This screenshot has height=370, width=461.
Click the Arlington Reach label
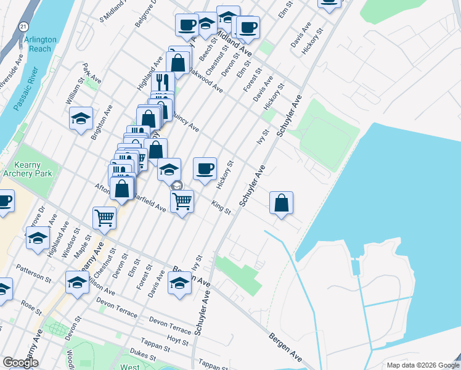coord(41,44)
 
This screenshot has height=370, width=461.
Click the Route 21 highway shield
coord(23,27)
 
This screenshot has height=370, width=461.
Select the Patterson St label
coord(34,274)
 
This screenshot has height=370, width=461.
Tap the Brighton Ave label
coord(102,122)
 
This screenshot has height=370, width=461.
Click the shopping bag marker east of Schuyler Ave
coord(281,203)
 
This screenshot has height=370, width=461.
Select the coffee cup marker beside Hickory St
coord(205,168)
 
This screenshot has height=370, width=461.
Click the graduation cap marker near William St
coord(80,118)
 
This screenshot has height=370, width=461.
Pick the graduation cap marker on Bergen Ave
coord(180,284)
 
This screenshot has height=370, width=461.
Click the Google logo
coord(20,363)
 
